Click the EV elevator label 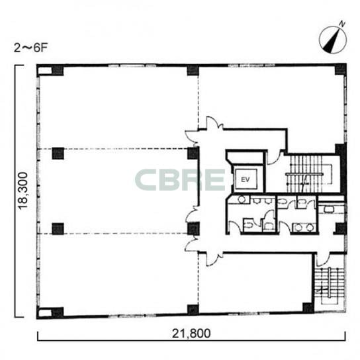click(x=246, y=179)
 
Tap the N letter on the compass click(x=342, y=24)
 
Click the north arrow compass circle click(x=333, y=40)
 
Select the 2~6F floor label click(x=30, y=48)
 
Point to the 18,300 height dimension click(x=23, y=191)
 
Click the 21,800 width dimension click(x=191, y=334)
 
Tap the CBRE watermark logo click(x=180, y=179)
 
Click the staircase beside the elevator click(x=309, y=174)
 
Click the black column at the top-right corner click(x=341, y=69)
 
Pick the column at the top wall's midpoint click(x=193, y=70)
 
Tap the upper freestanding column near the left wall click(x=58, y=153)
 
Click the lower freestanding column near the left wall click(x=58, y=229)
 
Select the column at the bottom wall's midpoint click(x=193, y=310)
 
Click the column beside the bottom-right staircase click(x=308, y=308)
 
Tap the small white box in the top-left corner click(x=45, y=71)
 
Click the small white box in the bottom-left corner click(x=45, y=313)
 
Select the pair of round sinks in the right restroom click(x=304, y=228)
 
